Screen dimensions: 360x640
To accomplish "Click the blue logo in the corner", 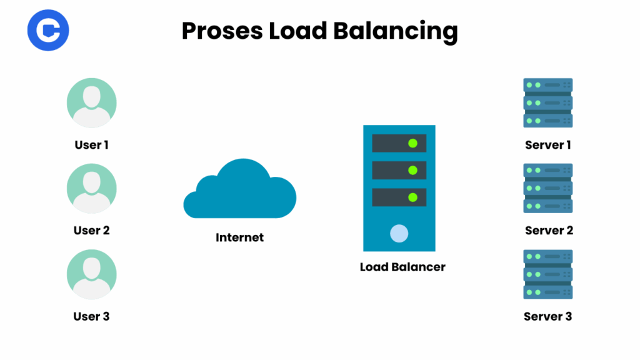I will pos(48,30).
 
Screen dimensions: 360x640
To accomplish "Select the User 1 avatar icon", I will pos(92,102).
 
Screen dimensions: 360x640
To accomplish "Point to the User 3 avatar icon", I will pos(92,274).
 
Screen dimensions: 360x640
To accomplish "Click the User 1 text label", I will pos(92,145).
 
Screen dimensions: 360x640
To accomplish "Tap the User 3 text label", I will pos(92,316).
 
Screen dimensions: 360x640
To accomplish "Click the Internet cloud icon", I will pos(240,189).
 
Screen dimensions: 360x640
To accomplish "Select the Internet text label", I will pos(240,237).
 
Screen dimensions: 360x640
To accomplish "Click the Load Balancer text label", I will pos(402,267).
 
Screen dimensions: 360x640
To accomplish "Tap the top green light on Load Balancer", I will pos(412,143).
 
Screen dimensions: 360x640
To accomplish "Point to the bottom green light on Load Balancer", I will pos(412,197).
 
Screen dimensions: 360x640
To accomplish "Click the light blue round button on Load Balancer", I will pos(399,234).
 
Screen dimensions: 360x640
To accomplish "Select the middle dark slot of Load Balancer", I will pos(399,170).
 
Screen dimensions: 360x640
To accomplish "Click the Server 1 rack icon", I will pos(547,102).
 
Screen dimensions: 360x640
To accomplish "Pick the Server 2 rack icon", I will pos(547,188).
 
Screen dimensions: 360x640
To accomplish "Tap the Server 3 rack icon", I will pos(547,274).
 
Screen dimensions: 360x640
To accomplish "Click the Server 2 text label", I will pos(549,231).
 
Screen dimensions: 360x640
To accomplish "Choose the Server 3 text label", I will pos(547,316).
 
